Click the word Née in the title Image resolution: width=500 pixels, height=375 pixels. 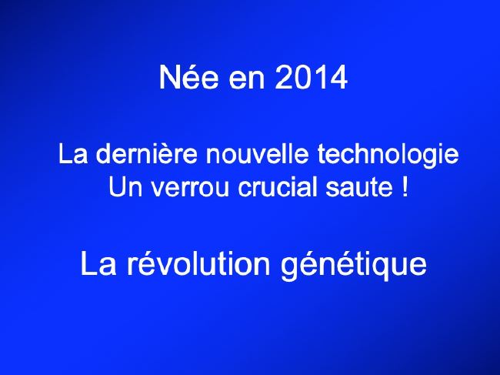coord(188,77)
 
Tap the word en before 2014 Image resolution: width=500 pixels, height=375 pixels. coord(247,80)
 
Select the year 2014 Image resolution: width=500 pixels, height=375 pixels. coord(311,77)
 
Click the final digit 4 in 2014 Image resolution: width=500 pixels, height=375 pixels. coord(338,77)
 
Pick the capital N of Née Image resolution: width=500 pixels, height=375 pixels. coord(168,77)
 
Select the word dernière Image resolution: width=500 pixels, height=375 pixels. coord(146,154)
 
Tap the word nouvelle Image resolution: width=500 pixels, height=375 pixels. coord(257,154)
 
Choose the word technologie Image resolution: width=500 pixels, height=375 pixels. coord(388,156)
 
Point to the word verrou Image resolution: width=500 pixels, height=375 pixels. coord(190,189)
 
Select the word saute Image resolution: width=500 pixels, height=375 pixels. coord(359,188)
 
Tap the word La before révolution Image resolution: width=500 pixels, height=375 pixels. coord(98,263)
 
